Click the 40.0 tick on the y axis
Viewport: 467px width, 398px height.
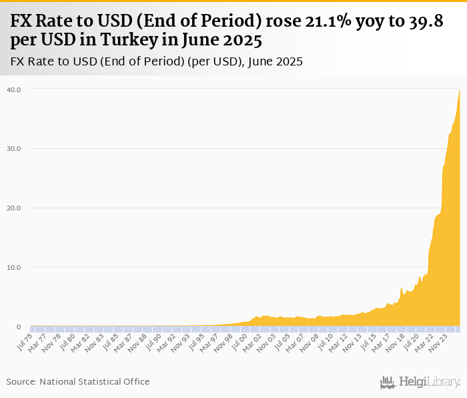coord(13,89)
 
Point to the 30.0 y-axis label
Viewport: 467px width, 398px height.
coord(13,148)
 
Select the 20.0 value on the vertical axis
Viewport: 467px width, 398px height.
coord(13,208)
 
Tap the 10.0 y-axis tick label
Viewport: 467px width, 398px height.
coord(13,267)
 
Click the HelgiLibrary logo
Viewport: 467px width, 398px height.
coord(420,382)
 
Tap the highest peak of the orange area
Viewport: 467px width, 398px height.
coord(460,91)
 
